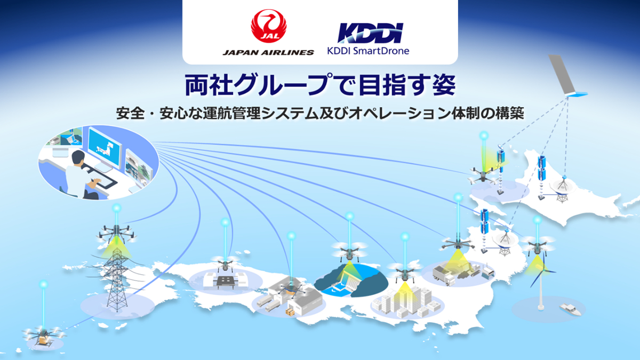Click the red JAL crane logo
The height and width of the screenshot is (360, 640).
268,27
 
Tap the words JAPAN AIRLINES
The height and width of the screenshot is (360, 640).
268,52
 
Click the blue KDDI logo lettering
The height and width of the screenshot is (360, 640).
367,33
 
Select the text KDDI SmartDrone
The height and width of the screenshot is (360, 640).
368,52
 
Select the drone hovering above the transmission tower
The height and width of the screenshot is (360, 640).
116,233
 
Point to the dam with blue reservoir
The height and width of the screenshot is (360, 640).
349,281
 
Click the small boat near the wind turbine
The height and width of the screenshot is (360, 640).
566,308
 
